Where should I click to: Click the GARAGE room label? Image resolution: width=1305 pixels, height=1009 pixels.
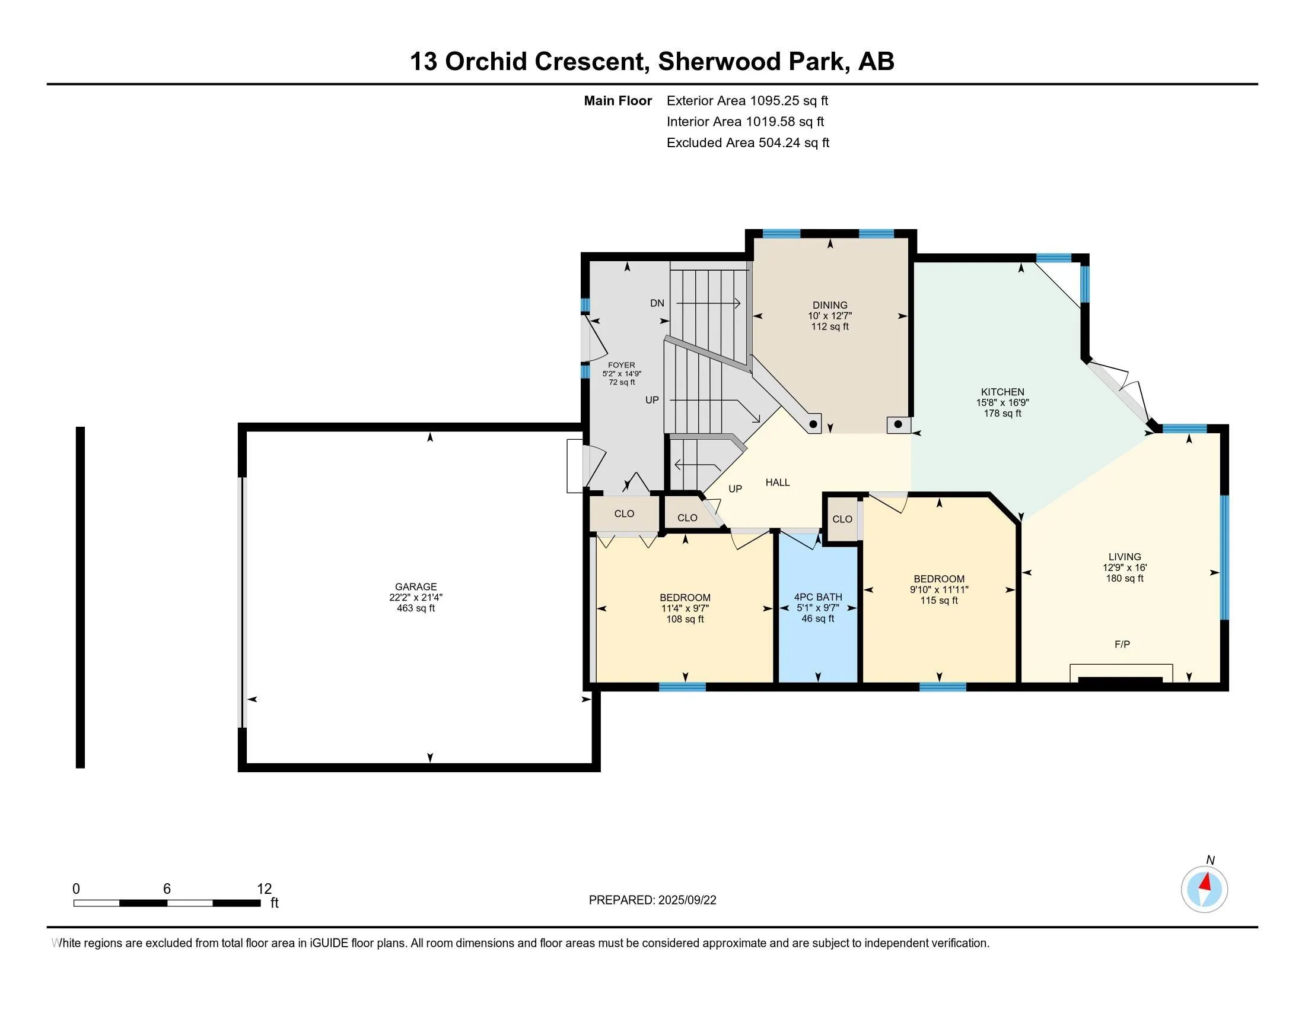[x=416, y=586]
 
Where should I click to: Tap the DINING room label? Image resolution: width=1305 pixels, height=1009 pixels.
[x=830, y=305]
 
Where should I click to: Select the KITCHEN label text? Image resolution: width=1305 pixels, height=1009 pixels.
[x=1002, y=392]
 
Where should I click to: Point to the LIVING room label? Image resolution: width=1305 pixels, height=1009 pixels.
[x=1125, y=557]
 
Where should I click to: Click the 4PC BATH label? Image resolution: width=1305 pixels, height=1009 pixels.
[x=818, y=597]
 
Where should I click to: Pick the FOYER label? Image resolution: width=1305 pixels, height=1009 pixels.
[x=622, y=365]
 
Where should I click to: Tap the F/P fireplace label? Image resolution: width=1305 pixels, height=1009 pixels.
[x=1122, y=645]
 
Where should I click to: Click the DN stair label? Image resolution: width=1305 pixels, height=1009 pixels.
[x=657, y=303]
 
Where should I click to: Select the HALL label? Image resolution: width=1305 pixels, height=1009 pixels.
[x=778, y=483]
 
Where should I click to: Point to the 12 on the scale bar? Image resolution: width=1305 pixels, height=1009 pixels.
[x=264, y=889]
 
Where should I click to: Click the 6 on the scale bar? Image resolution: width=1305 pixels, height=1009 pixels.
[x=167, y=889]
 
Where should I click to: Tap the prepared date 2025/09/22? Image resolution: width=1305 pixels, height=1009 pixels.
[x=686, y=900]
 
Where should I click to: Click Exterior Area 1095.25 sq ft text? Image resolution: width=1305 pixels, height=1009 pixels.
[x=747, y=100]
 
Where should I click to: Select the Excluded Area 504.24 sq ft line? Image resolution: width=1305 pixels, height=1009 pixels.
[x=748, y=142]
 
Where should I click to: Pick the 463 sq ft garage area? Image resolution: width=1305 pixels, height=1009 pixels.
[x=416, y=608]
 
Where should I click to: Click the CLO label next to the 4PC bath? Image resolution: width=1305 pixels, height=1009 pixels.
[x=842, y=519]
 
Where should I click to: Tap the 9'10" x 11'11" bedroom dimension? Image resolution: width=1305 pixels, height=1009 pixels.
[x=940, y=589]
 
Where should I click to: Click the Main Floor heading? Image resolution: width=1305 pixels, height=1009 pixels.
[x=618, y=100]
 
